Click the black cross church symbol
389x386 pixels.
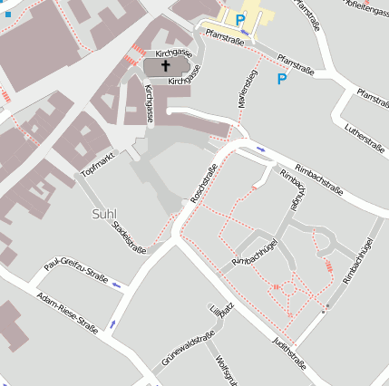[x=166, y=66]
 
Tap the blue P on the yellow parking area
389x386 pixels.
[x=240, y=19]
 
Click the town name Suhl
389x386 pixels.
[x=104, y=214]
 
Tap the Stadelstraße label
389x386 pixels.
[x=130, y=236]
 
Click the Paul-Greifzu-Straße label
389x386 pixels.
[x=76, y=263]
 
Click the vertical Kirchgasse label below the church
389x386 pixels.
[x=148, y=104]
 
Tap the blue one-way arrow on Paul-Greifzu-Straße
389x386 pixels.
[x=115, y=285]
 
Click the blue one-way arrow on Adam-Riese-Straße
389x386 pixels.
[x=113, y=323]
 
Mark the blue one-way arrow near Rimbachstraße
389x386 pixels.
[x=261, y=148]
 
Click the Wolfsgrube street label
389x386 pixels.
[x=223, y=372]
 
